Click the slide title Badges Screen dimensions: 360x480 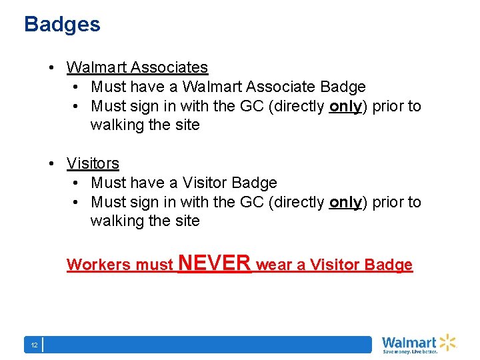62,25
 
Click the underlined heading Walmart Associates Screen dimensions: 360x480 137,67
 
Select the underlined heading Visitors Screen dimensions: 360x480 93,163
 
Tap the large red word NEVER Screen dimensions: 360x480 214,263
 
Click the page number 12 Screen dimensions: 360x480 33,345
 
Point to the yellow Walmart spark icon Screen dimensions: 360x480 447,342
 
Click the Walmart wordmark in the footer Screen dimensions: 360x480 409,343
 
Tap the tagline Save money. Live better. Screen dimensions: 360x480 409,351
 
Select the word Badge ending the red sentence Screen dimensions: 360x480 389,265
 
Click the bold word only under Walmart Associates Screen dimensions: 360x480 345,106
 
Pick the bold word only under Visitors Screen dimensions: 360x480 345,202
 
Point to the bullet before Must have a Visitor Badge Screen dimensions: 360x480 77,183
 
